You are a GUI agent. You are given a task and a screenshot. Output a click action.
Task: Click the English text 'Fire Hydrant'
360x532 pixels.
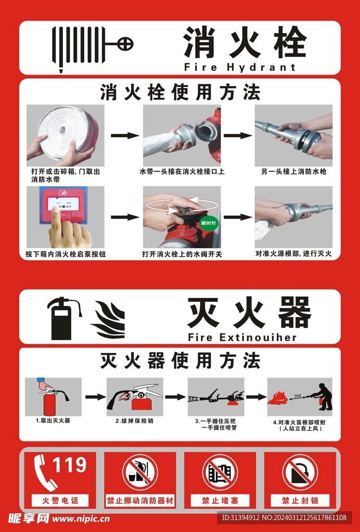pos(239,67)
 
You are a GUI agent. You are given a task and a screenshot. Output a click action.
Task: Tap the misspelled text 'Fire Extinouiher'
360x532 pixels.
pos(242,337)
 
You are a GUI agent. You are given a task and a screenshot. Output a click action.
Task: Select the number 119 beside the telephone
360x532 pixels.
pos(70,465)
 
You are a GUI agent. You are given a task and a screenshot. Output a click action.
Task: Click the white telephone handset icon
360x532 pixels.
pos(46,472)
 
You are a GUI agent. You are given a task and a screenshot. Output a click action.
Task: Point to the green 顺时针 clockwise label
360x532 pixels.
pos(209,223)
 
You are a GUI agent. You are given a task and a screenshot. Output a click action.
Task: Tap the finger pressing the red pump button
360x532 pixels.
pos(70,233)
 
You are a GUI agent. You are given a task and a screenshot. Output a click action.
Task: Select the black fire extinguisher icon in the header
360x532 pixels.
pos(62,318)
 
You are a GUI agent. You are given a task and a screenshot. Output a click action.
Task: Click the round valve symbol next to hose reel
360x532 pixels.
pos(125,45)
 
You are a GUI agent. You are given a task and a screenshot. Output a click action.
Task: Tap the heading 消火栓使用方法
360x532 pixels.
pos(180,92)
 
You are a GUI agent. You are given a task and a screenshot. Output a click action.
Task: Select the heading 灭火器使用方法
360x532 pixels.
pos(180,361)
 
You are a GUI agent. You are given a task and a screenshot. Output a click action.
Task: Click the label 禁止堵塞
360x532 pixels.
pos(220,501)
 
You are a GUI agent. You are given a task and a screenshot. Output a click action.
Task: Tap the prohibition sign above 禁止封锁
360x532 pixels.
pos(300,472)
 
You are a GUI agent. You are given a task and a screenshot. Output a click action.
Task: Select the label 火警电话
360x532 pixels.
pos(60,501)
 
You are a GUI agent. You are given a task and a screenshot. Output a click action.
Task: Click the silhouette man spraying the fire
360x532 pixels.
pos(324,396)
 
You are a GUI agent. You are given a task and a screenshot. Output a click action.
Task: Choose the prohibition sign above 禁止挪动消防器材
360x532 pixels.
pos(140,472)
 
